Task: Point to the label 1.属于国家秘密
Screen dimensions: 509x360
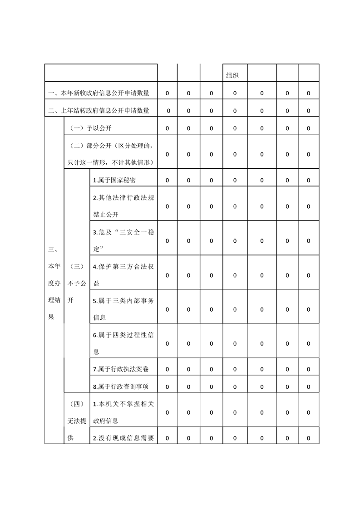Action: pos(114,180)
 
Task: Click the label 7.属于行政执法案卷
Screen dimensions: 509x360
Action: pos(121,369)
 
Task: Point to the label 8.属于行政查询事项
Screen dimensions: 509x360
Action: pos(121,387)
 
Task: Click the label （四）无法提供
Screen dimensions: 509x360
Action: pos(77,421)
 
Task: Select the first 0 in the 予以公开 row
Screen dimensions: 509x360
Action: pos(167,128)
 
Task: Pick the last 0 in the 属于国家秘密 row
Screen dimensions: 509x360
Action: pos(308,180)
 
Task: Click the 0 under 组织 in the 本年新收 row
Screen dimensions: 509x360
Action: pos(235,93)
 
